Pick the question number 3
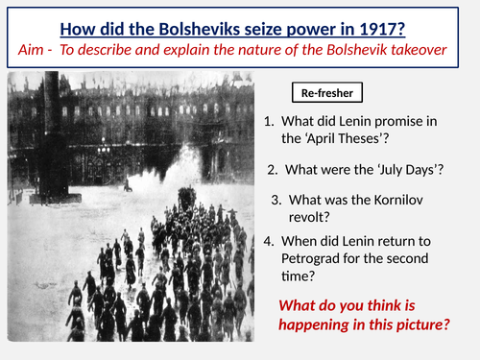pos(276,200)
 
